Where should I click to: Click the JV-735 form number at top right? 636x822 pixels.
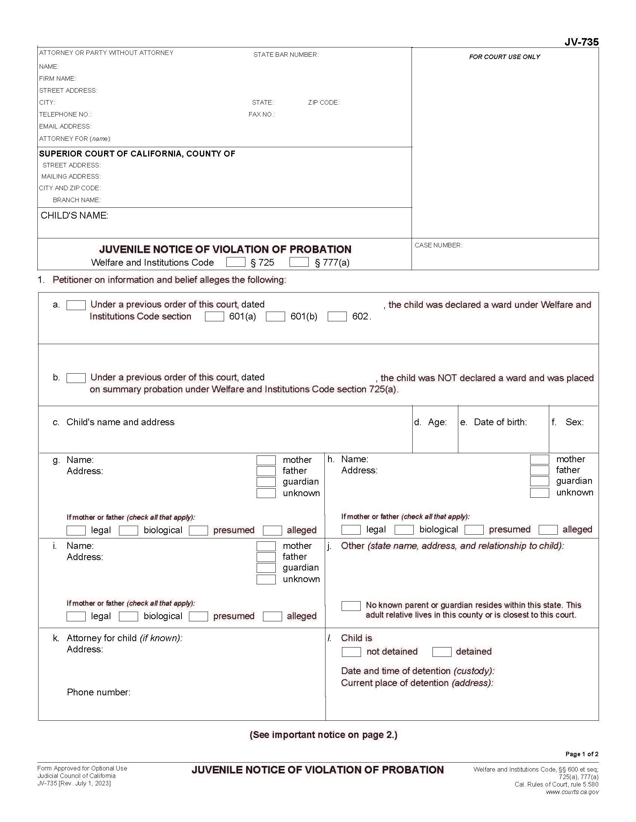point(581,42)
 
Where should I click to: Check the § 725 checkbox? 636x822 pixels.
point(235,262)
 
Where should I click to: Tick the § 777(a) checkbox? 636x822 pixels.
point(299,262)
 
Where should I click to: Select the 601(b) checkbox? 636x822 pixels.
point(275,316)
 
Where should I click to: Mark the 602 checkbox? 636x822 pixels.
point(337,316)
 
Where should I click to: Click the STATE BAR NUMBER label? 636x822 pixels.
point(285,55)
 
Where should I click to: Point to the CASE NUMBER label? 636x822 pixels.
point(438,245)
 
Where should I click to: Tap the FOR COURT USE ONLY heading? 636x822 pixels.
point(504,57)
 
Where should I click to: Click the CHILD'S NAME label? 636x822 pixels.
point(74,215)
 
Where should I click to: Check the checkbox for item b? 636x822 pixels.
point(76,378)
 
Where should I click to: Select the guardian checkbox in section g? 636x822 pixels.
point(266,482)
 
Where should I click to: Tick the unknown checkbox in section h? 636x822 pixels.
point(539,493)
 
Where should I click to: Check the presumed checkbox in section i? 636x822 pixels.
point(198,616)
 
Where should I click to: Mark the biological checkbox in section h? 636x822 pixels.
point(404,530)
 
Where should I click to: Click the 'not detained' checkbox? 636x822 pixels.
point(351,652)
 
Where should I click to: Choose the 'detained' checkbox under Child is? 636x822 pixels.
point(441,652)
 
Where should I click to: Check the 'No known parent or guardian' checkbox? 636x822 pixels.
point(351,606)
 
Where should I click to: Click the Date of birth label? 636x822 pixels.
point(500,422)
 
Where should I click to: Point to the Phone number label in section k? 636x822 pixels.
point(98,692)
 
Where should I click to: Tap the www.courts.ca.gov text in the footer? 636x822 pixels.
point(572,792)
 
